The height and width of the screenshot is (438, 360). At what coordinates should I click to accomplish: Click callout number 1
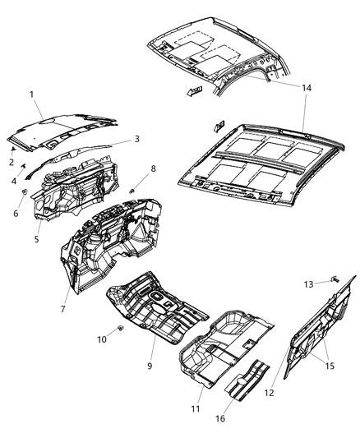[x=31, y=95]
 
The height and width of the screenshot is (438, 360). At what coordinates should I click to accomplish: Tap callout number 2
[x=12, y=162]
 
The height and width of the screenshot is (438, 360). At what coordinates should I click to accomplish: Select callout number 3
[x=136, y=139]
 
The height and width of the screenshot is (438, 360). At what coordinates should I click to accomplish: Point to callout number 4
[x=14, y=181]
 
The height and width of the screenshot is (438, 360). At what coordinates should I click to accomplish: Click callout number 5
[x=36, y=239]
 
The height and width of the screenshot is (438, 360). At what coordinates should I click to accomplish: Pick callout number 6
[x=14, y=212]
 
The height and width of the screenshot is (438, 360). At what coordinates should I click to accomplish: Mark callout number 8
[x=152, y=169]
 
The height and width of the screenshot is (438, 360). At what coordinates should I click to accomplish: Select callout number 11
[x=196, y=409]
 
